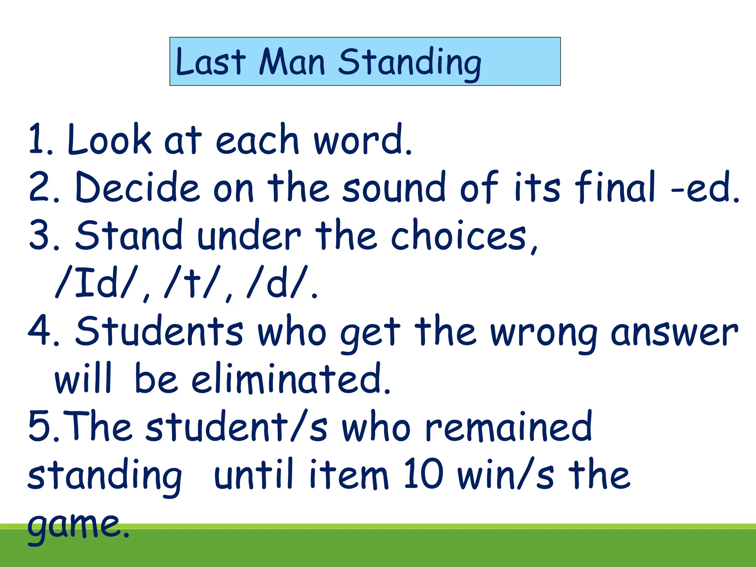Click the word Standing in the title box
(x=410, y=63)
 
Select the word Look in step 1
(x=109, y=140)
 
